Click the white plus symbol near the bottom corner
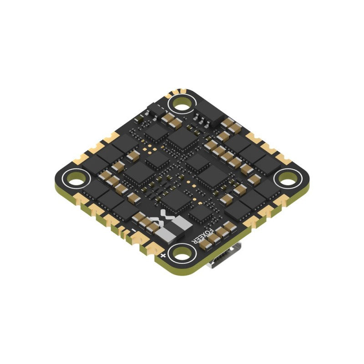[x=163, y=257]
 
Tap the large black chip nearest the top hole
[x=183, y=138]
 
